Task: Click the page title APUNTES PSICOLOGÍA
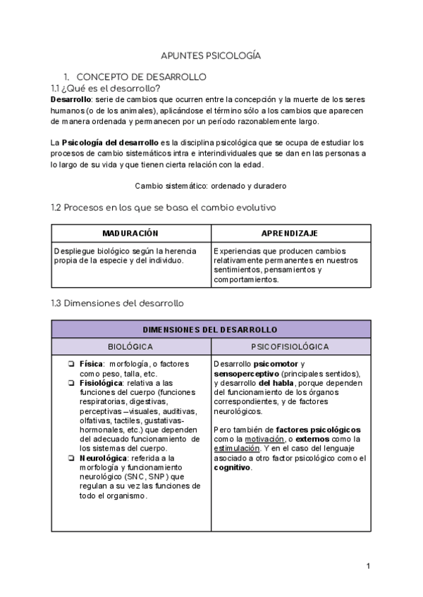click(x=211, y=55)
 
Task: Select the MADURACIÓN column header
click(x=130, y=233)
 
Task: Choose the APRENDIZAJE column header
click(x=290, y=233)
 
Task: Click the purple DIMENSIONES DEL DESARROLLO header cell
click(x=210, y=329)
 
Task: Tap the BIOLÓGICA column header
click(x=130, y=347)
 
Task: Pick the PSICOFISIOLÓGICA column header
click(x=290, y=347)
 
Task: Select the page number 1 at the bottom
click(x=368, y=566)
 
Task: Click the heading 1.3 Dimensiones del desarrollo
click(x=118, y=303)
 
